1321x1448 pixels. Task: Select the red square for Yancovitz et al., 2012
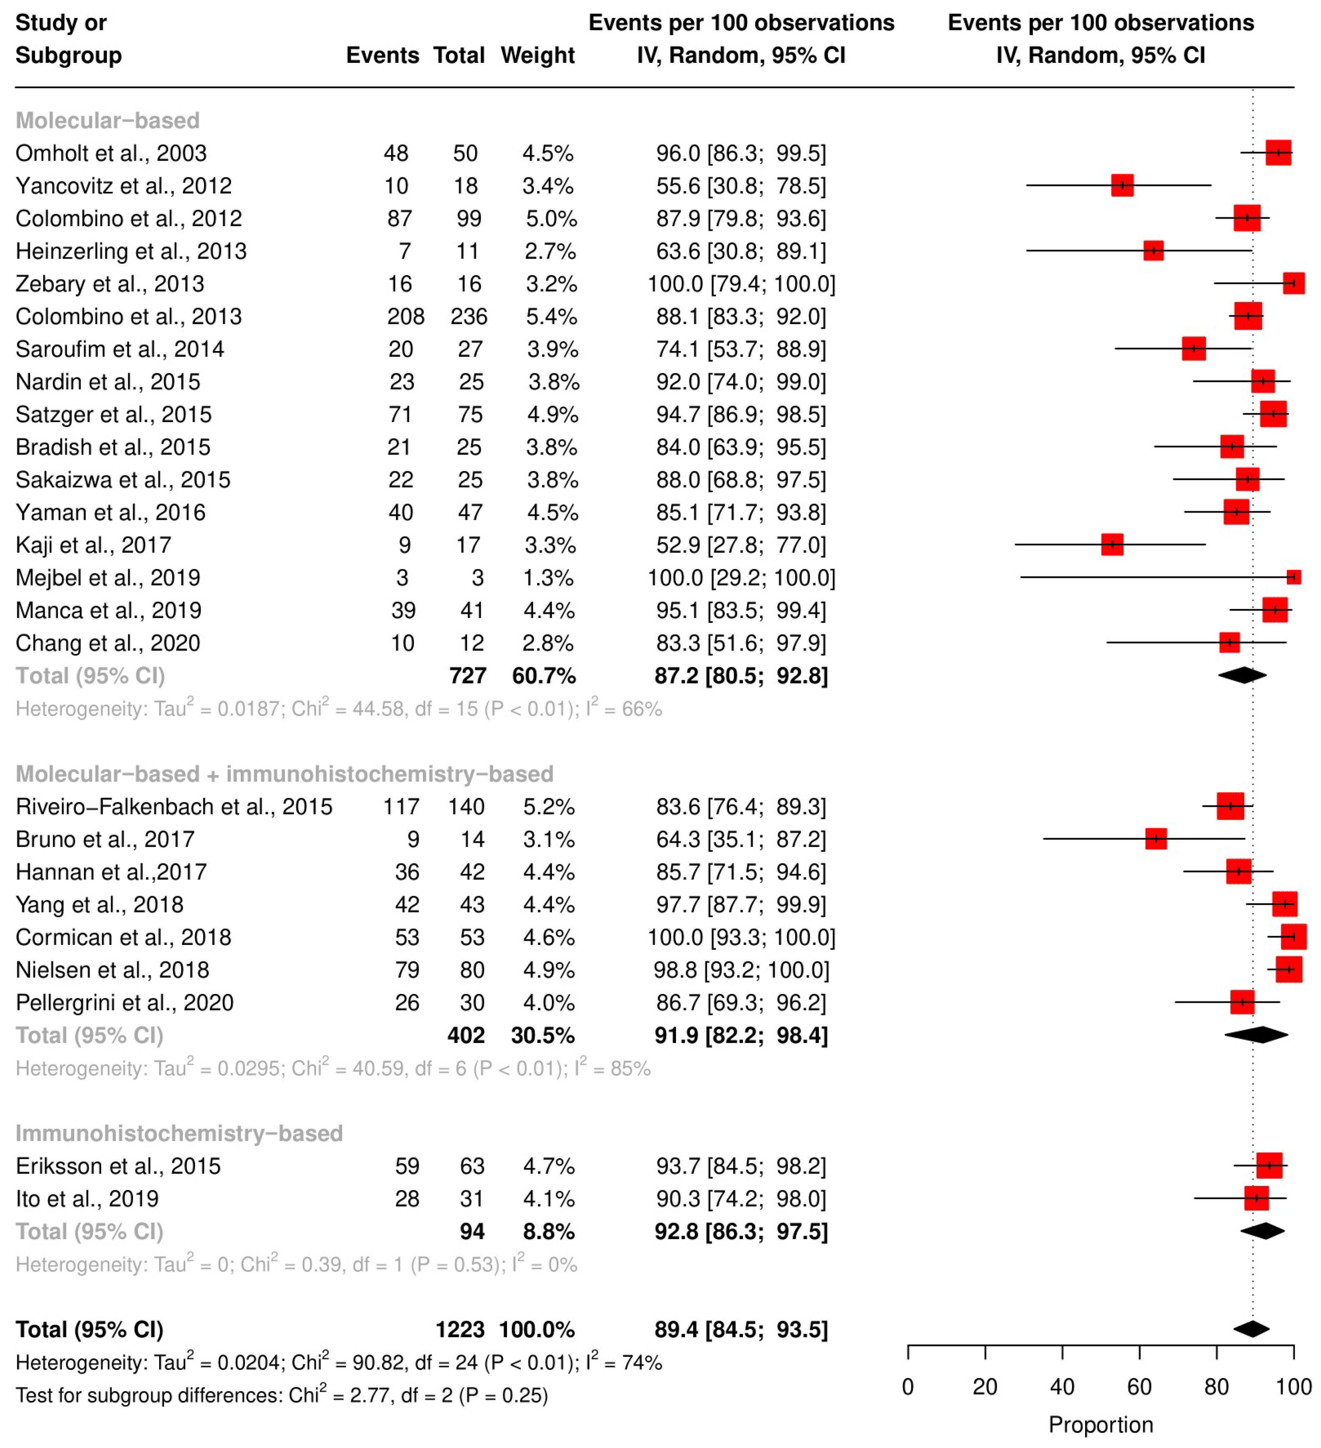(1122, 185)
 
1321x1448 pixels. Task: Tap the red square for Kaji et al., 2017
(1112, 544)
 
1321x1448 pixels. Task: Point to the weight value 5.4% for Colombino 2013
(551, 316)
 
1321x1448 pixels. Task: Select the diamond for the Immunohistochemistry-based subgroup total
(1262, 1231)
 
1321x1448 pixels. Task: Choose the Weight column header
(537, 55)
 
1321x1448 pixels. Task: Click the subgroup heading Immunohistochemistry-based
(179, 1133)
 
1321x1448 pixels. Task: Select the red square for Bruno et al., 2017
(1156, 839)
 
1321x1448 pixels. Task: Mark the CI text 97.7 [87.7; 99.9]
(741, 904)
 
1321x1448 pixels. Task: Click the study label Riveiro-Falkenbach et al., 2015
(174, 806)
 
